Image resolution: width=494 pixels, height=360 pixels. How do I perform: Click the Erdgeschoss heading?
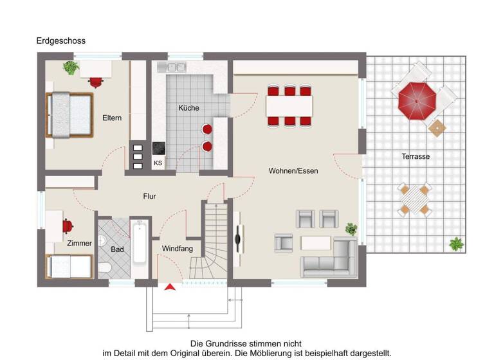point(60,41)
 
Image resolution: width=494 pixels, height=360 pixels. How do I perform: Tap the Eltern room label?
point(112,118)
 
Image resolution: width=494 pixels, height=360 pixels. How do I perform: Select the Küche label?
point(188,108)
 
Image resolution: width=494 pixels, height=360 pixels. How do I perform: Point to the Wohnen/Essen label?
point(293,171)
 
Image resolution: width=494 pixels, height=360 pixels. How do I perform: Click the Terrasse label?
point(416,156)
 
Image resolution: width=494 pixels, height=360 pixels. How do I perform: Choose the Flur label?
point(149,197)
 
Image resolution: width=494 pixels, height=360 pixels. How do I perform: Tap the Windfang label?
point(177,248)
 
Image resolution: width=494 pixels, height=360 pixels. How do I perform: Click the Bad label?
point(117,248)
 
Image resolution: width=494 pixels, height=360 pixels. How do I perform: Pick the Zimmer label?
point(80,243)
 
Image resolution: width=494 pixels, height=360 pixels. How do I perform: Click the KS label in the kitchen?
point(158,163)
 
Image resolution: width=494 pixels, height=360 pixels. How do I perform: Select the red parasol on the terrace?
point(417,99)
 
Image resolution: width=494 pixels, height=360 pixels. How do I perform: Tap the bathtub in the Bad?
point(140,242)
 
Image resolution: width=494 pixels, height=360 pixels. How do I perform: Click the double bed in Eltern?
point(68,114)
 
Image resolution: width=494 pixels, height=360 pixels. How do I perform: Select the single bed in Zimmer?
point(69,265)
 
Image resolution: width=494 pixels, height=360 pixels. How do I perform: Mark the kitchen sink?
point(173,66)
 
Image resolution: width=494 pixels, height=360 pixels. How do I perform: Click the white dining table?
point(289,105)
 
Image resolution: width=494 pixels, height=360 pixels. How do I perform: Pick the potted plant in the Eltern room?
point(71,67)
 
